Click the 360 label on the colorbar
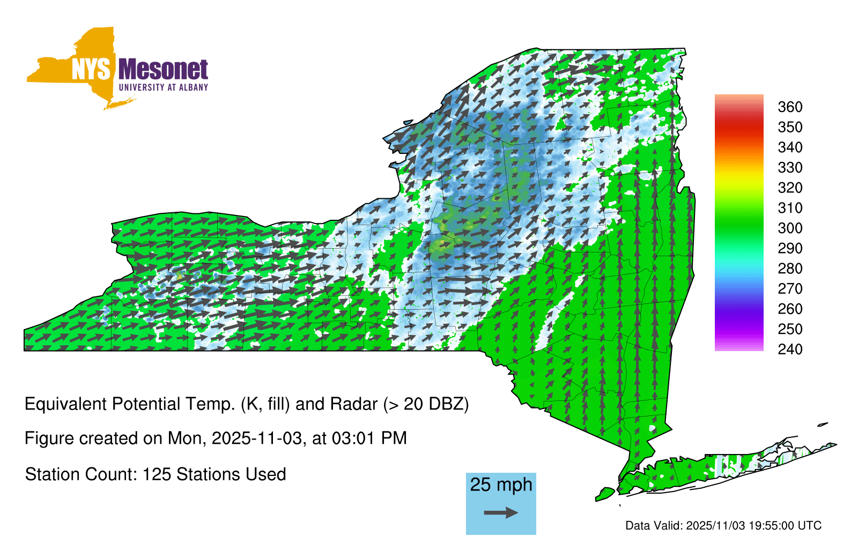[790, 107]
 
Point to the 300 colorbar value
[790, 228]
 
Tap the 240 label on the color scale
[790, 349]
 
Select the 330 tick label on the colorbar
[790, 168]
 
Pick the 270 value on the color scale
[790, 289]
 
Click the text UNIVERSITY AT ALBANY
[163, 87]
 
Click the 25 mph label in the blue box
[501, 485]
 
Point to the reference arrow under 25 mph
[501, 512]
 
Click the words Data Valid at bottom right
[654, 526]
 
